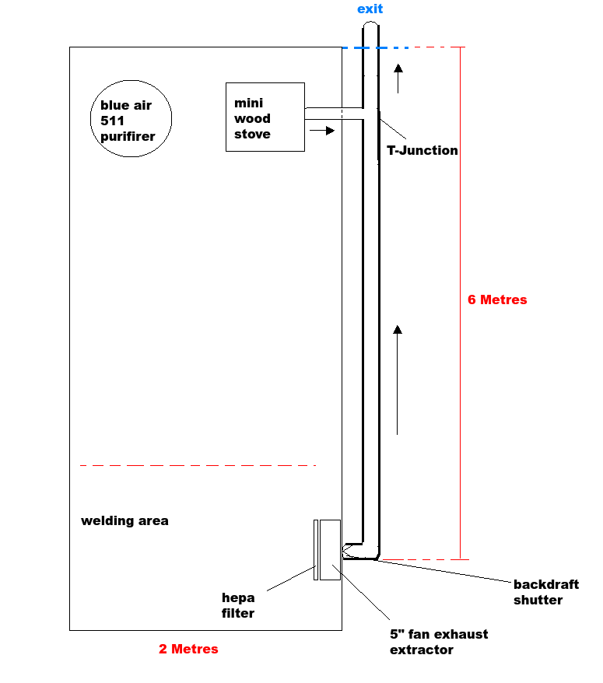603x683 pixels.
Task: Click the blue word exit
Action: point(370,9)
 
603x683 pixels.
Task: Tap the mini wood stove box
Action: point(265,117)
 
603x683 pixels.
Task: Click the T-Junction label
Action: point(422,150)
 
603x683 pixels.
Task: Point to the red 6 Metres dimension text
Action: point(497,299)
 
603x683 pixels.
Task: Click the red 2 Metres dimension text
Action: point(188,649)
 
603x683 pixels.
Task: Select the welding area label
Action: point(124,520)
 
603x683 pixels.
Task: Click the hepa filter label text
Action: point(238,605)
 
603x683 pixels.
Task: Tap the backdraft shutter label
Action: point(546,592)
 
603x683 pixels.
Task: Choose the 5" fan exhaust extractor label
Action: point(439,642)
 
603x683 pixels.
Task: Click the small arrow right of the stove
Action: point(321,130)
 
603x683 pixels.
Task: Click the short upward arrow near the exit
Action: point(398,79)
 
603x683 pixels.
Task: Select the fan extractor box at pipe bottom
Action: point(330,549)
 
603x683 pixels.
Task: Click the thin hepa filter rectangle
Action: point(316,549)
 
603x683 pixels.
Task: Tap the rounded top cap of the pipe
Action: point(370,27)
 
